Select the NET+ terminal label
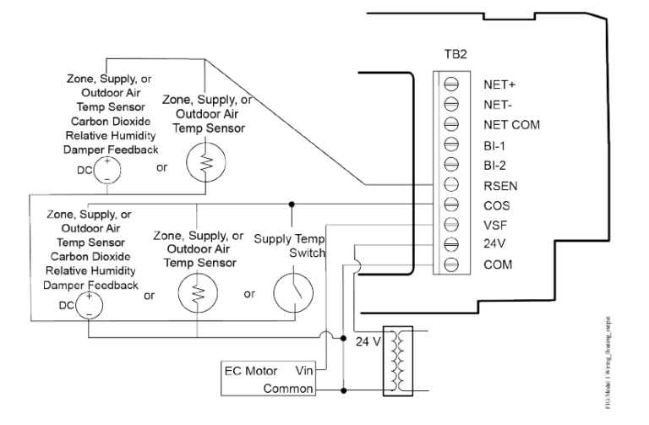pyautogui.click(x=500, y=85)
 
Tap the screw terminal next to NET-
pyautogui.click(x=451, y=105)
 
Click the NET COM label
pyautogui.click(x=510, y=125)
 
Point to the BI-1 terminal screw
pyautogui.click(x=451, y=144)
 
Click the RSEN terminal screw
pyautogui.click(x=451, y=185)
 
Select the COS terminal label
pyautogui.click(x=497, y=205)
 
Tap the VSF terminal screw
pyautogui.click(x=451, y=225)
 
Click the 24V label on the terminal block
pyautogui.click(x=495, y=245)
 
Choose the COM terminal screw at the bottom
pyautogui.click(x=451, y=264)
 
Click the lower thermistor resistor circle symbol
pyautogui.click(x=196, y=297)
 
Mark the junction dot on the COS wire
pyautogui.click(x=292, y=204)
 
